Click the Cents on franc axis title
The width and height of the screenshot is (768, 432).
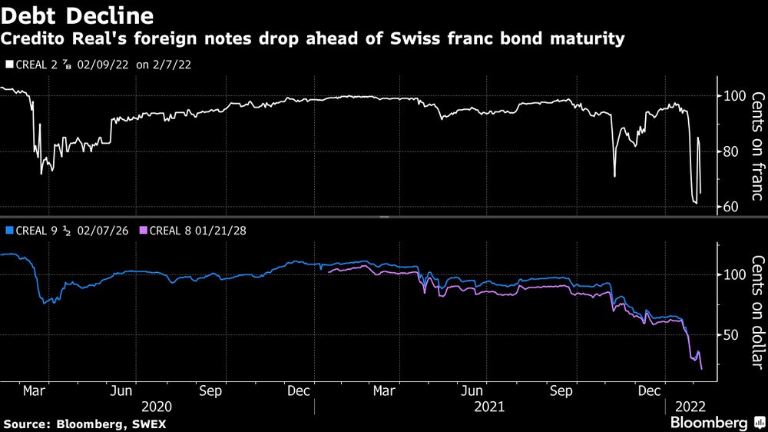757,146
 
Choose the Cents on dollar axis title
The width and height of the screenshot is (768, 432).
757,312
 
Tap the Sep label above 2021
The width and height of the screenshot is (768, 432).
563,390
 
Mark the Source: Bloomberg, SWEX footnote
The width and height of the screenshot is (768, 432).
85,424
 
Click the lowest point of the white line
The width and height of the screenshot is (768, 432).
695,204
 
